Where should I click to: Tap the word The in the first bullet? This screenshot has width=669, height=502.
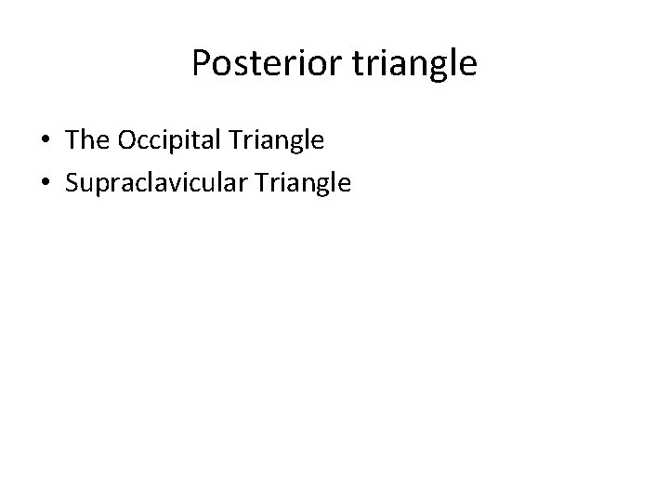point(86,141)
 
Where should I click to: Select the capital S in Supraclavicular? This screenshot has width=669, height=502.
point(72,182)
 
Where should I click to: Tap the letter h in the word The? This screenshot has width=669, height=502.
point(87,141)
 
